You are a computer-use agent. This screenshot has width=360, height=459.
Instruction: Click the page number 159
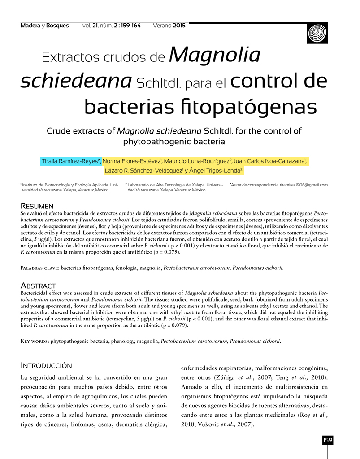click(x=327, y=441)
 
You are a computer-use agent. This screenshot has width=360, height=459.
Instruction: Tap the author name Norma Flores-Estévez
click(x=132, y=161)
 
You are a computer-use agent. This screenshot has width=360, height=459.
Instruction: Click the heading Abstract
click(x=38, y=286)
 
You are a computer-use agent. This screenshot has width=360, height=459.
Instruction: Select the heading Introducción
click(x=46, y=365)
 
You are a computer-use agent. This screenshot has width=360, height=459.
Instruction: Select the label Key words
click(x=35, y=341)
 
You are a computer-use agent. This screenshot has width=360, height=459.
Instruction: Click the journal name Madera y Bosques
click(x=45, y=26)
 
